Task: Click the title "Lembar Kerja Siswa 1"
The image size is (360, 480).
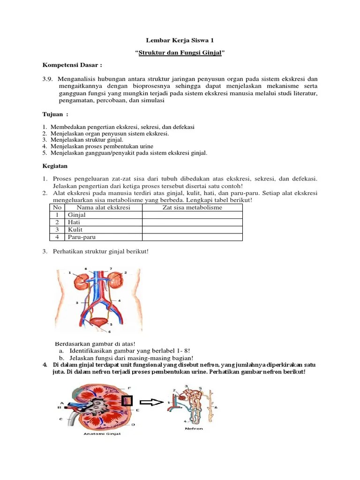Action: [x=180, y=41]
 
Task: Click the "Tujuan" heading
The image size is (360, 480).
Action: [x=54, y=114]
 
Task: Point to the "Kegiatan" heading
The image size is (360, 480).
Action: [x=55, y=165]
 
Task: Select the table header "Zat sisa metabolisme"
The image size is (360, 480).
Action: [x=192, y=208]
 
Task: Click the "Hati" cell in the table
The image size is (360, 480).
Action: [x=74, y=222]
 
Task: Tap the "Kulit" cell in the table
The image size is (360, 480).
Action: [x=75, y=230]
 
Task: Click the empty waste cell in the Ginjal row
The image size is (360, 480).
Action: [x=192, y=215]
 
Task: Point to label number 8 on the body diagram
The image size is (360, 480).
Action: [x=86, y=269]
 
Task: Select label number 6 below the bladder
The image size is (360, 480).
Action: [x=109, y=332]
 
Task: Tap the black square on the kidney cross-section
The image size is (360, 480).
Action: [x=127, y=401]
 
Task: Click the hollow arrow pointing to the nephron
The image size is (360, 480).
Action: [x=150, y=402]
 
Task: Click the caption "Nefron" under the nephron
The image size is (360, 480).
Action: [x=194, y=428]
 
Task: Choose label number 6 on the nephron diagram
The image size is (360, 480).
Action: [x=216, y=408]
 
